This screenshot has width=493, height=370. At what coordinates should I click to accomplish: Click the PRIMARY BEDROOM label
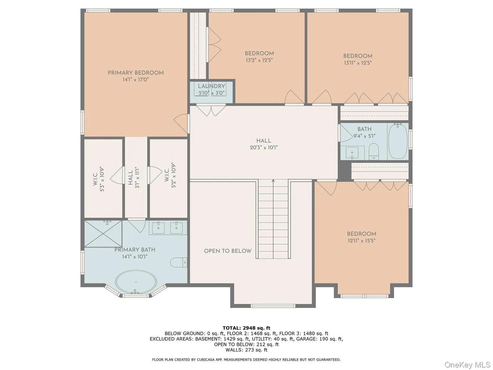136,73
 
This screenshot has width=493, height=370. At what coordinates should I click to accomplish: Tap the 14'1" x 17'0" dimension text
136,80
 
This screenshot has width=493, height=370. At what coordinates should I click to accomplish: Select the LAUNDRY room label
211,86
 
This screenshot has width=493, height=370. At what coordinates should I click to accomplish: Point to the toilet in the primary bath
179,262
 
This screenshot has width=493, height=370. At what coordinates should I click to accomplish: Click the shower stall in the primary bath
103,233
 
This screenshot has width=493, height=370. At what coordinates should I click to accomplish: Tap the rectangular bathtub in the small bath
398,141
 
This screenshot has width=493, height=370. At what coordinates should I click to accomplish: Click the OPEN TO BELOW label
228,251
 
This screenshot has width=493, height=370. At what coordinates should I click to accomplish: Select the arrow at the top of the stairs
273,181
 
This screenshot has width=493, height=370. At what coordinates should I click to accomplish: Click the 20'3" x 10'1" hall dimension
264,148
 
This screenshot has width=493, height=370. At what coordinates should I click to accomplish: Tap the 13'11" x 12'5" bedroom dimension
358,63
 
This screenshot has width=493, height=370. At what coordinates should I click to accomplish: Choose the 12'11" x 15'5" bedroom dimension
361,241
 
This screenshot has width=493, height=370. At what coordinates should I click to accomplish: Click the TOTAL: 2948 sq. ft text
246,328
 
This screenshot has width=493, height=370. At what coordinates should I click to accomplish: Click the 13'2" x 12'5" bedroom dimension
259,60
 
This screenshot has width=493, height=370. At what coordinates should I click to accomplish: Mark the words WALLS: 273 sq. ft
246,350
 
